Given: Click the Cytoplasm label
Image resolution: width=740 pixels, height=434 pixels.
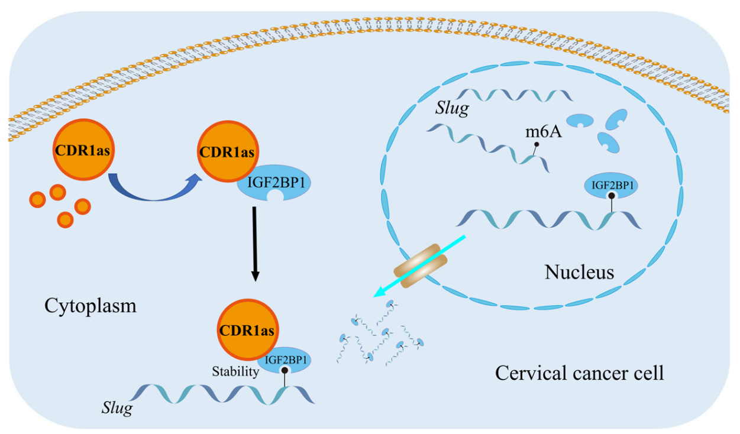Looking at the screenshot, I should click(91, 306).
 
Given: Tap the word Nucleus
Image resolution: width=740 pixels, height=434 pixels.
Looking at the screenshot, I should click(579, 272).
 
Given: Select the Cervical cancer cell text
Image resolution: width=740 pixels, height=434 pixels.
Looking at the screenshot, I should click(579, 374).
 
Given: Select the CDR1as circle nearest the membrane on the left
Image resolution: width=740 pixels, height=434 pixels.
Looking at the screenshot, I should click(83, 150).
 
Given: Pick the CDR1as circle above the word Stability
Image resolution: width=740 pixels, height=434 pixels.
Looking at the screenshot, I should click(247, 330).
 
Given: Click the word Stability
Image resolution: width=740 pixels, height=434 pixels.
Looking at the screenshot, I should click(235, 372).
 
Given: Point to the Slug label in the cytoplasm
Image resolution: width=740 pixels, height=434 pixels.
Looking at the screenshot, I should click(117, 408).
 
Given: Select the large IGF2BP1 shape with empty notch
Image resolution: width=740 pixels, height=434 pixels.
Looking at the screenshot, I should click(274, 183).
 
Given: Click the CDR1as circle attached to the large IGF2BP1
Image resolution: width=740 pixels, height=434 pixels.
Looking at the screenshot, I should click(227, 151).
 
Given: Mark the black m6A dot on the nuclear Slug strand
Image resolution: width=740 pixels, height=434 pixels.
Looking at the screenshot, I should click(537, 144).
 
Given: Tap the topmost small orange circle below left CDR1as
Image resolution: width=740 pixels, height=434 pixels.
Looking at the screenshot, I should click(57, 192).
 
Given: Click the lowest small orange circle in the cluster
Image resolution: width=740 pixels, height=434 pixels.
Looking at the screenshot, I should click(65, 219).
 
